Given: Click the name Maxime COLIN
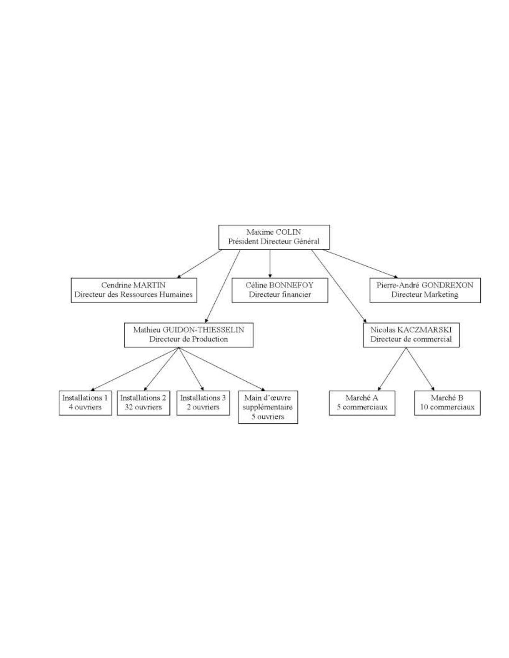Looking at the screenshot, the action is click(274, 232).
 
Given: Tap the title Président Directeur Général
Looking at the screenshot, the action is click(274, 241).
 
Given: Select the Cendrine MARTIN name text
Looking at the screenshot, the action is click(133, 285).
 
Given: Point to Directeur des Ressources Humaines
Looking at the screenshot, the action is click(133, 295).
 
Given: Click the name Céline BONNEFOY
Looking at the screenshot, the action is click(279, 285).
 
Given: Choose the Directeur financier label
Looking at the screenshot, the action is click(280, 295).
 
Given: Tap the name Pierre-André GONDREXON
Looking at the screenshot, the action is click(425, 285).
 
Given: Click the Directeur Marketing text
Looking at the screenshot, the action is click(425, 295).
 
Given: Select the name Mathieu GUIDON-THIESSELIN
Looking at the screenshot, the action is click(188, 329).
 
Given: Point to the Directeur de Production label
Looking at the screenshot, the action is click(188, 339).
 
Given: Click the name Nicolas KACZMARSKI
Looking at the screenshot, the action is click(411, 329).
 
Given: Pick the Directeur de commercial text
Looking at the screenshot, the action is click(411, 339).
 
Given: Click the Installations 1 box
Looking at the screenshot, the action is click(85, 403).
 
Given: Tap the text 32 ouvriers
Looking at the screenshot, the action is click(143, 407).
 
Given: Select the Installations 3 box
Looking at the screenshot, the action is click(203, 403).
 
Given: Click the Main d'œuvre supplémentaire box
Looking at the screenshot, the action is click(268, 407).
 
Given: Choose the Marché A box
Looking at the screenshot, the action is click(362, 403).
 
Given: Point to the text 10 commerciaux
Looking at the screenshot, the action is click(447, 407).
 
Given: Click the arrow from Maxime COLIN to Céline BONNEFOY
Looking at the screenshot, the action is click(270, 264).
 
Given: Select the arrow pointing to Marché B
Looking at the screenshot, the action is click(420, 369).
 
